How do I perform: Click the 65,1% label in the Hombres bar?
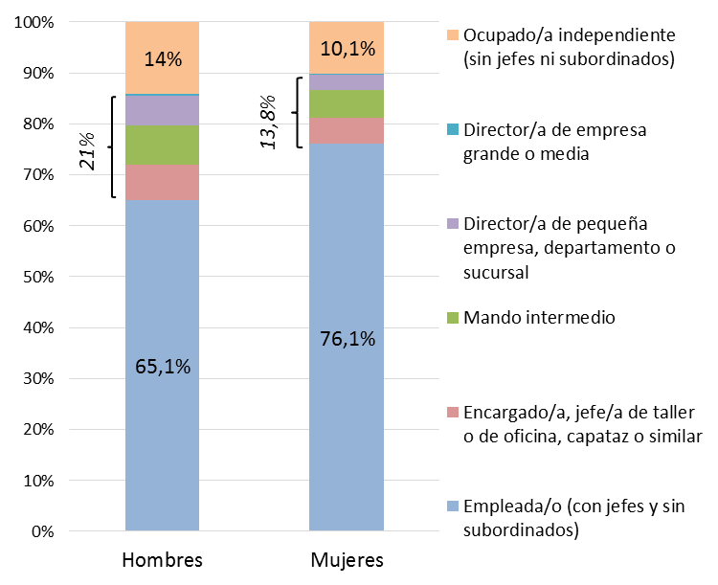pos(163,366)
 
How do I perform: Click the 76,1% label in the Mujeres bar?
pos(347,338)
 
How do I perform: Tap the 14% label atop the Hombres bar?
pos(163,58)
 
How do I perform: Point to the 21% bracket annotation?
pos(87,147)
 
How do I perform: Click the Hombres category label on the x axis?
pos(163,559)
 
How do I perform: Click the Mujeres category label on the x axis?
pos(347,559)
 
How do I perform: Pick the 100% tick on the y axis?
pos(34,22)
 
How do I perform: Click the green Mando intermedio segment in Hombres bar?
pos(163,146)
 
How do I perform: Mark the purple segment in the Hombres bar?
pos(163,111)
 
